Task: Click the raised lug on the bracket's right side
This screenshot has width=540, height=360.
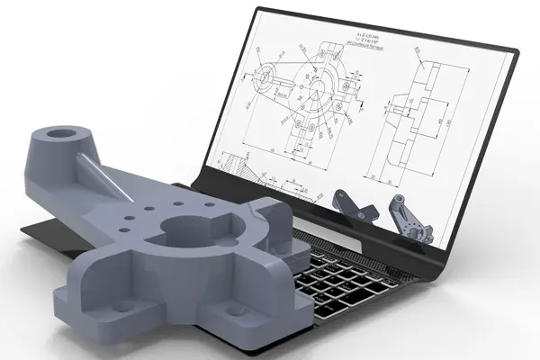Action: [269, 216]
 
